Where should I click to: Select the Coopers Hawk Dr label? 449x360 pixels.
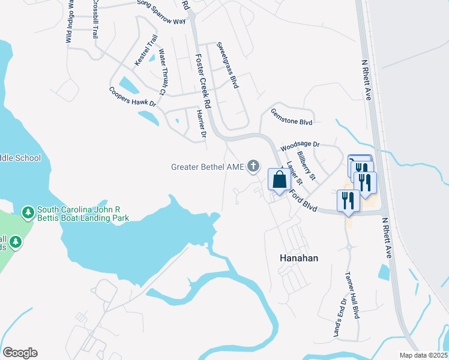pos(132,98)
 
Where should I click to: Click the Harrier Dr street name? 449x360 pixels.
pos(202,123)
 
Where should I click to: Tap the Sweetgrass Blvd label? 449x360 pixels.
pos(228,65)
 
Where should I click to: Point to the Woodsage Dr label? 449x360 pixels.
pos(300,145)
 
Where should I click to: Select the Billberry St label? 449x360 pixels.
pos(306,166)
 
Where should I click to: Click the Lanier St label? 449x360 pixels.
pos(292,173)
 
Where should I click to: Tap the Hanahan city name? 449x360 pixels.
pos(298,257)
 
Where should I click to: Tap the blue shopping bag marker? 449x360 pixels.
pos(280,179)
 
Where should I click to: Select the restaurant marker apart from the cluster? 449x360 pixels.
pos(348,200)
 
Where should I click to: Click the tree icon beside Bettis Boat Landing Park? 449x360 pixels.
pos(28,212)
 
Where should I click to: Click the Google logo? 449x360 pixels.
pos(20,353)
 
